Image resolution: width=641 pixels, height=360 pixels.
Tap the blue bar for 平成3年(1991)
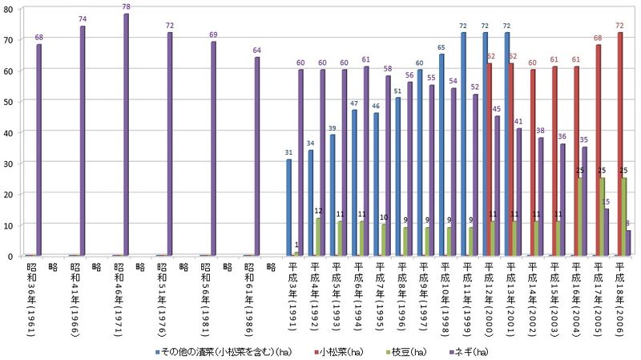coord(289,208)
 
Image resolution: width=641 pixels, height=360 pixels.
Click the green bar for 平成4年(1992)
coord(319,237)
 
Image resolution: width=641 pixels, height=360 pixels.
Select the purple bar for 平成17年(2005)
coord(606,233)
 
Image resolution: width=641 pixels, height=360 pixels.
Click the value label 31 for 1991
coord(288,153)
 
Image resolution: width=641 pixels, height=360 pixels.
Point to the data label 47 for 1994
coord(354,103)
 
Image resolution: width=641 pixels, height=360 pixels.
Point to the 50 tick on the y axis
coord(9,102)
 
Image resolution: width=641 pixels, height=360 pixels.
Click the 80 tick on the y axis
coord(9,9)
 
